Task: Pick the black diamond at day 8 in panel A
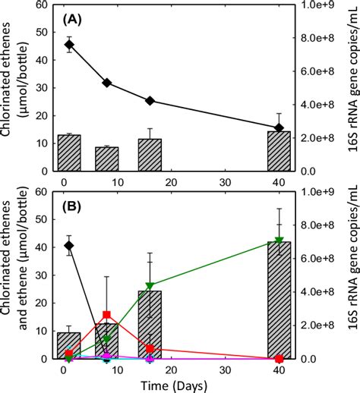pyautogui.click(x=107, y=83)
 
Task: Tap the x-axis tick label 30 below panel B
pyautogui.click(x=225, y=371)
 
